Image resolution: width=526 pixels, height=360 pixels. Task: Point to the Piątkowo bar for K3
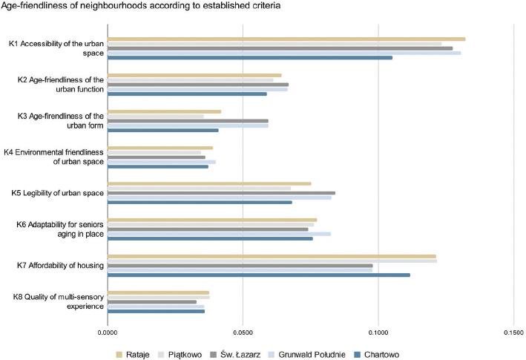(x=156, y=117)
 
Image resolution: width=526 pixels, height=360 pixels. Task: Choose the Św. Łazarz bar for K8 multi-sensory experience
(x=152, y=302)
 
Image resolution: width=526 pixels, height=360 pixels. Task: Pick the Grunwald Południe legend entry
(x=306, y=354)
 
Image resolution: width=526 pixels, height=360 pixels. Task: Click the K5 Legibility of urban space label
(x=58, y=194)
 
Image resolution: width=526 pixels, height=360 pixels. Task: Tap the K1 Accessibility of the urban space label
(x=56, y=48)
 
